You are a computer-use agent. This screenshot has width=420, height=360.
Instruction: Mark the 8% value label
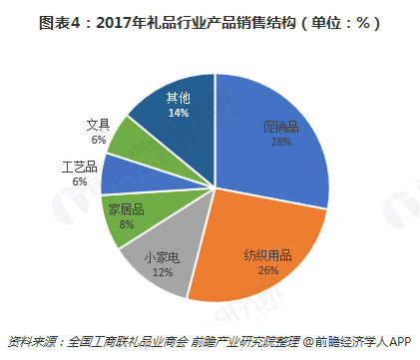point(127,225)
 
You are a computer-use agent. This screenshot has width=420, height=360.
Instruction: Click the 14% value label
point(179,114)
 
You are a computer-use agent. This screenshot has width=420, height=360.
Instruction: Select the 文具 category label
point(98,126)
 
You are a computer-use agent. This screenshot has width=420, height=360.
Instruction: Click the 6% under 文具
point(98,141)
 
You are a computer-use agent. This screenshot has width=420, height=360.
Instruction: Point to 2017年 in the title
point(118,22)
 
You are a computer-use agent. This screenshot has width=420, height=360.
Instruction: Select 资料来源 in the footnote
point(30,340)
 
